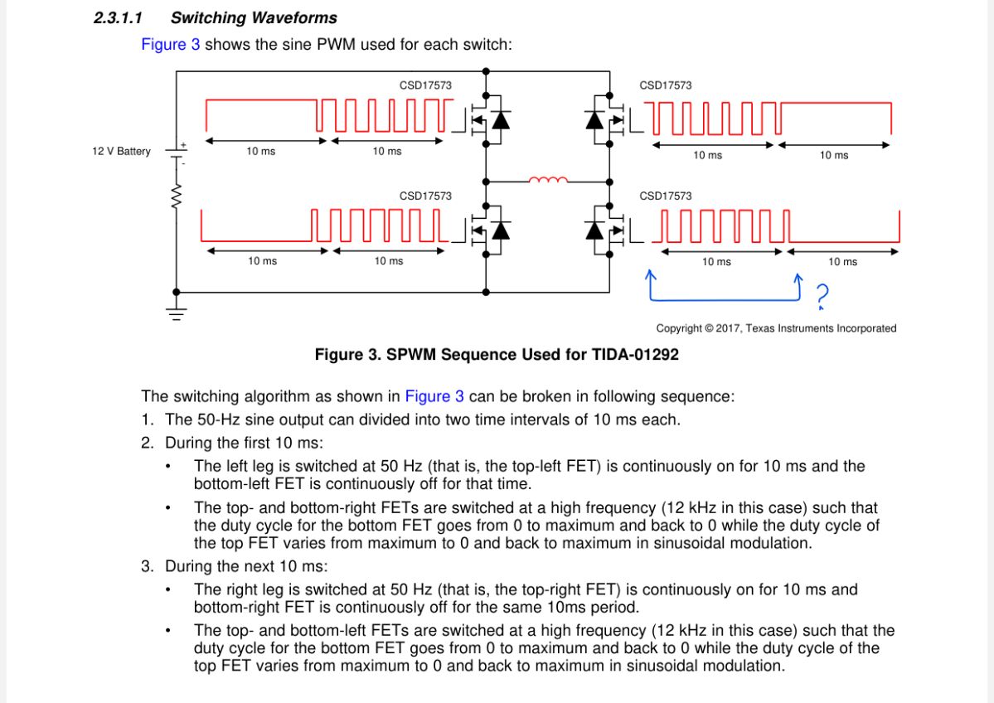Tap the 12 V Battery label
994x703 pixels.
(121, 152)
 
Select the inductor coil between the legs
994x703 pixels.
(548, 179)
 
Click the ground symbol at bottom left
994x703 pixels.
(176, 313)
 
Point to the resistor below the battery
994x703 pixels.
(176, 197)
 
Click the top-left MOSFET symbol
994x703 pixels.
(487, 120)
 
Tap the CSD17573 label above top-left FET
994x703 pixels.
(425, 85)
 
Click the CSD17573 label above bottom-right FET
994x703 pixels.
(665, 196)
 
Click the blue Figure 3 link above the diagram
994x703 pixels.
(170, 45)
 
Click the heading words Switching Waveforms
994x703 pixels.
(254, 17)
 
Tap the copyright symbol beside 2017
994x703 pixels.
(709, 329)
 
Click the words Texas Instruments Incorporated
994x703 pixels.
(821, 329)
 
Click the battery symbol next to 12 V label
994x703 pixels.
(176, 152)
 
